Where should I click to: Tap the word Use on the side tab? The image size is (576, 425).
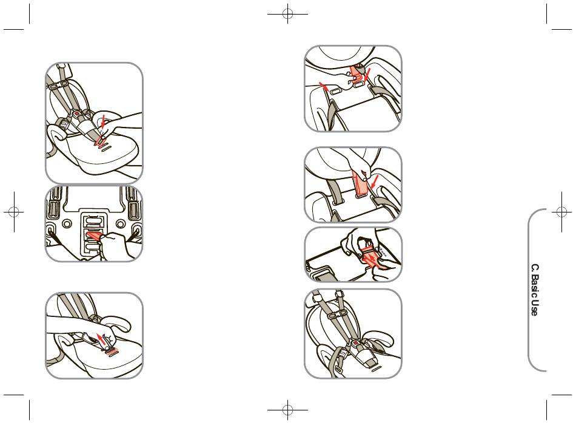click(x=535, y=308)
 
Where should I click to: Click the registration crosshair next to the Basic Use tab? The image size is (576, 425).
click(x=561, y=211)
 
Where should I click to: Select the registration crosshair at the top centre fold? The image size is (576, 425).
click(x=287, y=15)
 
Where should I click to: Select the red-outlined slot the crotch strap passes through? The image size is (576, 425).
click(x=101, y=140)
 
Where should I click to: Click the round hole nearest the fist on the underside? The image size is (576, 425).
click(x=121, y=223)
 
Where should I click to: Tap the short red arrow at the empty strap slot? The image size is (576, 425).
click(x=323, y=86)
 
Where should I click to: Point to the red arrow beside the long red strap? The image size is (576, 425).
click(x=375, y=182)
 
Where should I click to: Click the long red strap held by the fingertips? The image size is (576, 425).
click(x=359, y=183)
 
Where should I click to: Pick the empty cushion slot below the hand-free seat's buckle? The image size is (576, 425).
click(x=375, y=369)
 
